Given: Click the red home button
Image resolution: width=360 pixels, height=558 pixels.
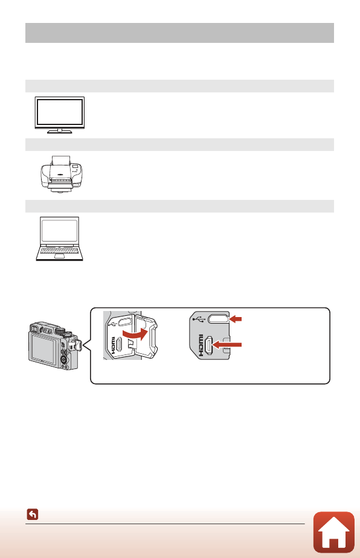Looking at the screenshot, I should (x=333, y=532).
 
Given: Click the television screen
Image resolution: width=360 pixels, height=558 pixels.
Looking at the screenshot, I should (x=59, y=112).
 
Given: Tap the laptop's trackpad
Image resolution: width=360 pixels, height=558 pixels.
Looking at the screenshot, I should (x=59, y=255).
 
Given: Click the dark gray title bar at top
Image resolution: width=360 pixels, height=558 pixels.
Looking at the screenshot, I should (x=179, y=33).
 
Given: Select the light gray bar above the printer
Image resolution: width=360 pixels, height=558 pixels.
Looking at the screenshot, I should (x=179, y=144).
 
